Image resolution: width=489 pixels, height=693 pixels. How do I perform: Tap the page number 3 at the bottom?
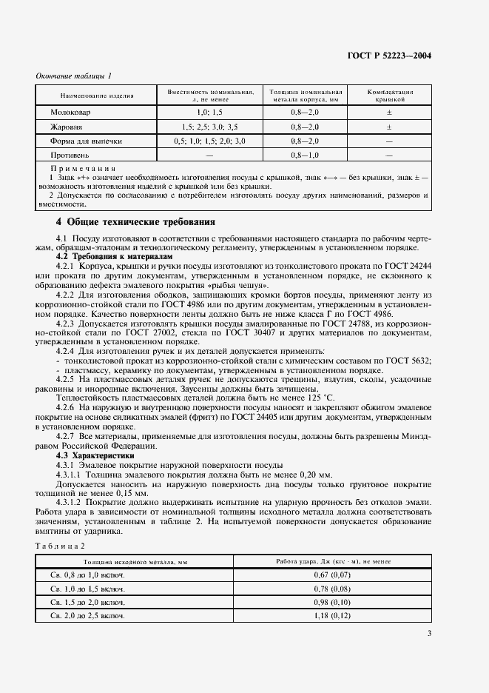[430, 632]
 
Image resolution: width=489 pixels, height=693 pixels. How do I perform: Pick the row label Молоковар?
[67, 112]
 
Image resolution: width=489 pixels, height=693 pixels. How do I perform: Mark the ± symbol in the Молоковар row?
[388, 112]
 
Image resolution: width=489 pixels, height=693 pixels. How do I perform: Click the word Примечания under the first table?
[78, 170]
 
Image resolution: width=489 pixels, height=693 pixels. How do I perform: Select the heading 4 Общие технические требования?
[136, 221]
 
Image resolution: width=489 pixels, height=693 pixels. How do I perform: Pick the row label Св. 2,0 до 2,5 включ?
[87, 615]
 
